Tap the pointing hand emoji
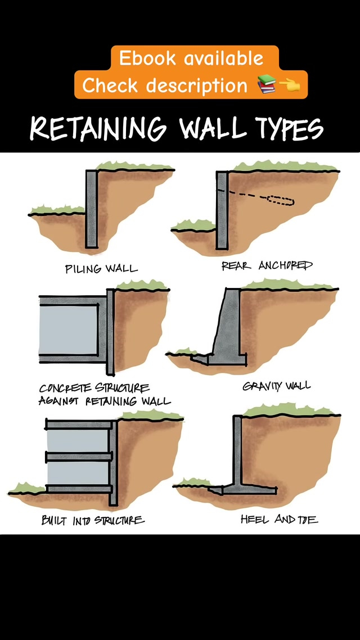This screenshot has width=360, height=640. tap(290, 84)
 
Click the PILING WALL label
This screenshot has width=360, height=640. tap(101, 269)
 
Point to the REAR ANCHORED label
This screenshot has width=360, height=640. tap(267, 265)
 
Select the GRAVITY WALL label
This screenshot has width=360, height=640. tap(276, 386)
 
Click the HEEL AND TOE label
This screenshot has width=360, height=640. tap(279, 519)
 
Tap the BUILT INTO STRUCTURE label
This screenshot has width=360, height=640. tap(93, 520)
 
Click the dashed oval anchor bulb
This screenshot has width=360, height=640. tap(280, 200)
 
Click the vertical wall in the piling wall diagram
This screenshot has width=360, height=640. tap(92, 209)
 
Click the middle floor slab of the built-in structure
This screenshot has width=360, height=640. tap(79, 456)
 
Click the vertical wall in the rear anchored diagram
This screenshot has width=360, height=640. tap(222, 210)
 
